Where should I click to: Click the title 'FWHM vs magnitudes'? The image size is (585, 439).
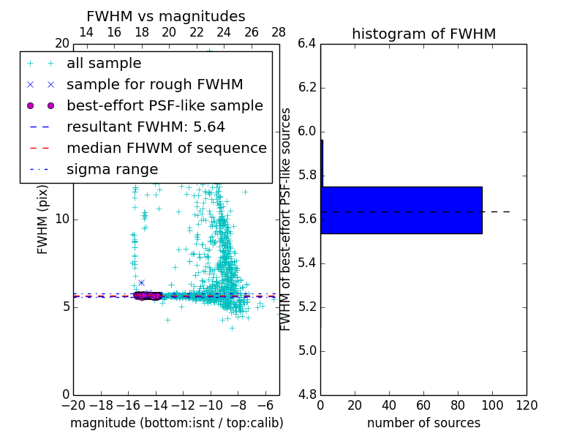point(166,16)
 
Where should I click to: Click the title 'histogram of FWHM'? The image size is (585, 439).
point(423,34)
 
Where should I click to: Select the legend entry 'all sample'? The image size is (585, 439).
point(104,64)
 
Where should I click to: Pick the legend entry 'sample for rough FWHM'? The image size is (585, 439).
point(154,85)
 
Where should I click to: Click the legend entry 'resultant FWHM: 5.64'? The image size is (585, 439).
point(146,127)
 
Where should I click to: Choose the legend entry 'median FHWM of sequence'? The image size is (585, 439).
point(166,149)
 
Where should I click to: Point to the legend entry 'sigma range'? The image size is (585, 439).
point(112,170)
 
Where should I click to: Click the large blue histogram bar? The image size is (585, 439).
point(401,210)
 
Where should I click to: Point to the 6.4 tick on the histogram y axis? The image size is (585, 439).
point(307,44)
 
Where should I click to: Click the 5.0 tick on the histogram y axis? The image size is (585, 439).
point(307,350)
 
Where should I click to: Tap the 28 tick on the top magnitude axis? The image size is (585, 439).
point(279,32)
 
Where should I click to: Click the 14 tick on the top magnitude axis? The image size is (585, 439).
point(86,32)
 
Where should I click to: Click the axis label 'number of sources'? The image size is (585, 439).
point(423,423)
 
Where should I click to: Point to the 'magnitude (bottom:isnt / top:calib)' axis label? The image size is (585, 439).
point(176,423)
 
